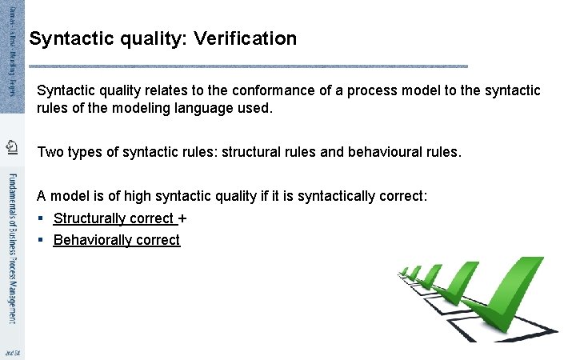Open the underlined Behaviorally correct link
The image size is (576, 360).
[x=117, y=240]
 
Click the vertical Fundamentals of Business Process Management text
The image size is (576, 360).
[x=11, y=248]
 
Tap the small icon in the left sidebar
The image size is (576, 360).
[x=11, y=146]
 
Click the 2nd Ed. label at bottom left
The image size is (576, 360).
[x=11, y=352]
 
